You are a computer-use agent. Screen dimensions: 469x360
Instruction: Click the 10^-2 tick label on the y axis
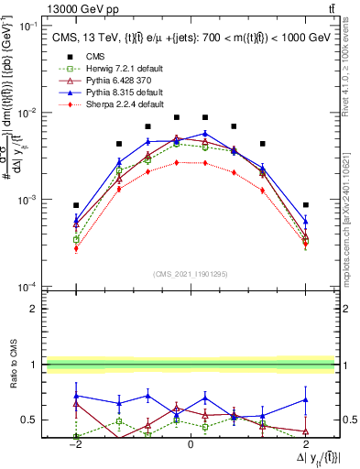[x=29, y=113]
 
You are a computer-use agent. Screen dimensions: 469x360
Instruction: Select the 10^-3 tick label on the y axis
[x=29, y=200]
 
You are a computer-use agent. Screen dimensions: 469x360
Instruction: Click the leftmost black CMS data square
[x=77, y=205]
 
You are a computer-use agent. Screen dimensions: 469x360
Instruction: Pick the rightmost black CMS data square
[x=305, y=205]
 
